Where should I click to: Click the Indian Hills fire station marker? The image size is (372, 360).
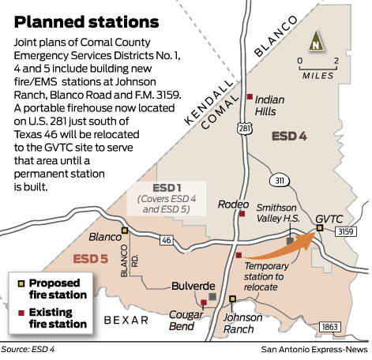pyautogui.click(x=250, y=96)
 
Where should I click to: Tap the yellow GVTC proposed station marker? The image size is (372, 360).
pyautogui.click(x=320, y=228)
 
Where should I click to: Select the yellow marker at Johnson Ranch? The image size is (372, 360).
pyautogui.click(x=232, y=298)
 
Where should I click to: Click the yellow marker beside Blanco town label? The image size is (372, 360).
pyautogui.click(x=124, y=231)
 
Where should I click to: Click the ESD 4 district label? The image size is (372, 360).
pyautogui.click(x=290, y=137)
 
